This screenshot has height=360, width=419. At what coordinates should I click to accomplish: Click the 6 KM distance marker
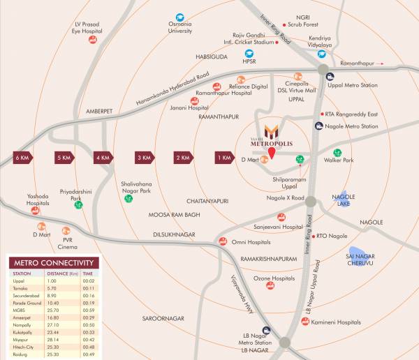pos(21,158)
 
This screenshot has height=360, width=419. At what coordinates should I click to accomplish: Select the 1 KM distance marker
pos(224,158)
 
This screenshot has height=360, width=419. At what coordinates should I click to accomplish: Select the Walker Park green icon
pos(338,151)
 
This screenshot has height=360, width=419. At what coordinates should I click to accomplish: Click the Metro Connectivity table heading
pos(53,263)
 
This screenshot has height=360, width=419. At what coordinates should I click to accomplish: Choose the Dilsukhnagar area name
pos(174,235)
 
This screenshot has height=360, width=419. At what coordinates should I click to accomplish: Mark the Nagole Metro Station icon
pos(319,126)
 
